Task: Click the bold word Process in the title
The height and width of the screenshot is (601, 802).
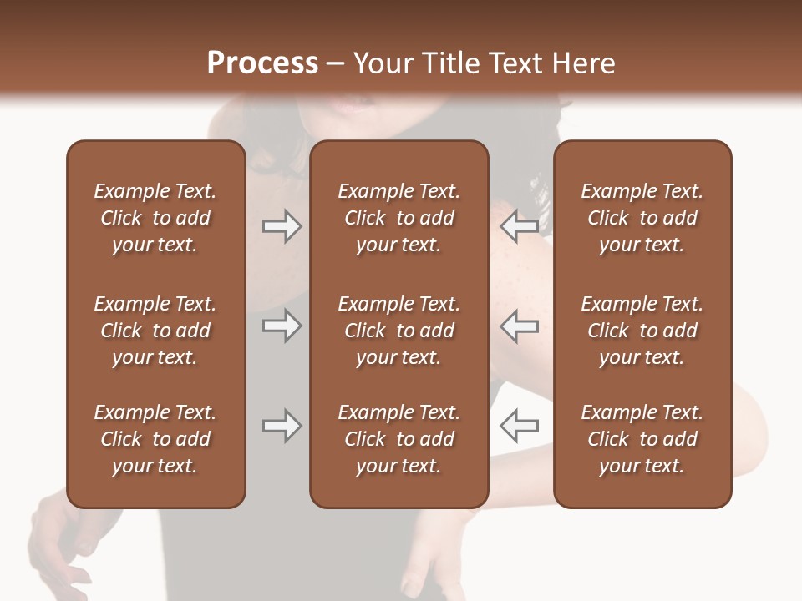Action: pyautogui.click(x=262, y=63)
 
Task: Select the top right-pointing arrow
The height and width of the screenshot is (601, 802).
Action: pyautogui.click(x=282, y=226)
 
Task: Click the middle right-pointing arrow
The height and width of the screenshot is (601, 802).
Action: pyautogui.click(x=282, y=326)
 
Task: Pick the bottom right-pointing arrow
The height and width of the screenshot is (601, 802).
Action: pyautogui.click(x=282, y=426)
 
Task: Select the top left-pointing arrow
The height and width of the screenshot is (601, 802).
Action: pyautogui.click(x=519, y=226)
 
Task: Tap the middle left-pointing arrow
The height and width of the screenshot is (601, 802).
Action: pyautogui.click(x=519, y=326)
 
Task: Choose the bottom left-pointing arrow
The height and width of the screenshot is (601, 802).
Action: pyautogui.click(x=519, y=426)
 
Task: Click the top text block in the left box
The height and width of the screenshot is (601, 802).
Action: pyautogui.click(x=155, y=218)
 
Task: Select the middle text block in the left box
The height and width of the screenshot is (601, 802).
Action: pyautogui.click(x=155, y=331)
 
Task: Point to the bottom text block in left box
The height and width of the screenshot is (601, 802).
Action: pyautogui.click(x=155, y=439)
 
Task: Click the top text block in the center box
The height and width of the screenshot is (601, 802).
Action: pyautogui.click(x=398, y=218)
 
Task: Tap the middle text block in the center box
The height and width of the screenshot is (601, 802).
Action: pyautogui.click(x=398, y=331)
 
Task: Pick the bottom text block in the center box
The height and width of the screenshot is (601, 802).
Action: pyautogui.click(x=398, y=439)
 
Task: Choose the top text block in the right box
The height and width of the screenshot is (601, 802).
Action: pyautogui.click(x=642, y=218)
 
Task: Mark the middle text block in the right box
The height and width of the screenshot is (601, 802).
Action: pyautogui.click(x=642, y=331)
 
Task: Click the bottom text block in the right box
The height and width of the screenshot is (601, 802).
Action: pyautogui.click(x=642, y=439)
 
